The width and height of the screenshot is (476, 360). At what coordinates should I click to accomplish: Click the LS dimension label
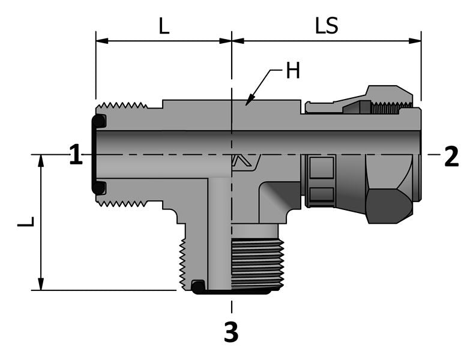tap(327, 26)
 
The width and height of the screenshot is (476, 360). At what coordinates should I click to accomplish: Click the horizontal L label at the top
tap(163, 26)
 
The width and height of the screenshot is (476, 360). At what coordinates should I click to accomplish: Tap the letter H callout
tap(292, 71)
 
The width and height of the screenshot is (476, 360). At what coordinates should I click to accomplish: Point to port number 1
tap(75, 156)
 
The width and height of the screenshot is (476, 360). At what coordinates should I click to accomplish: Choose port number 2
tap(451, 157)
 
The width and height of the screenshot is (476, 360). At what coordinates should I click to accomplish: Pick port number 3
tap(231, 332)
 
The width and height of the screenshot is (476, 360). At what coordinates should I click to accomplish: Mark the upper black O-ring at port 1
tap(100, 121)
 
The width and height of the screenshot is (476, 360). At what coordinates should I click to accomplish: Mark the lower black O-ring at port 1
tap(100, 188)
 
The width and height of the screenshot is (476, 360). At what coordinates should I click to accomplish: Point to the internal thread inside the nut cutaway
tap(387, 108)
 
